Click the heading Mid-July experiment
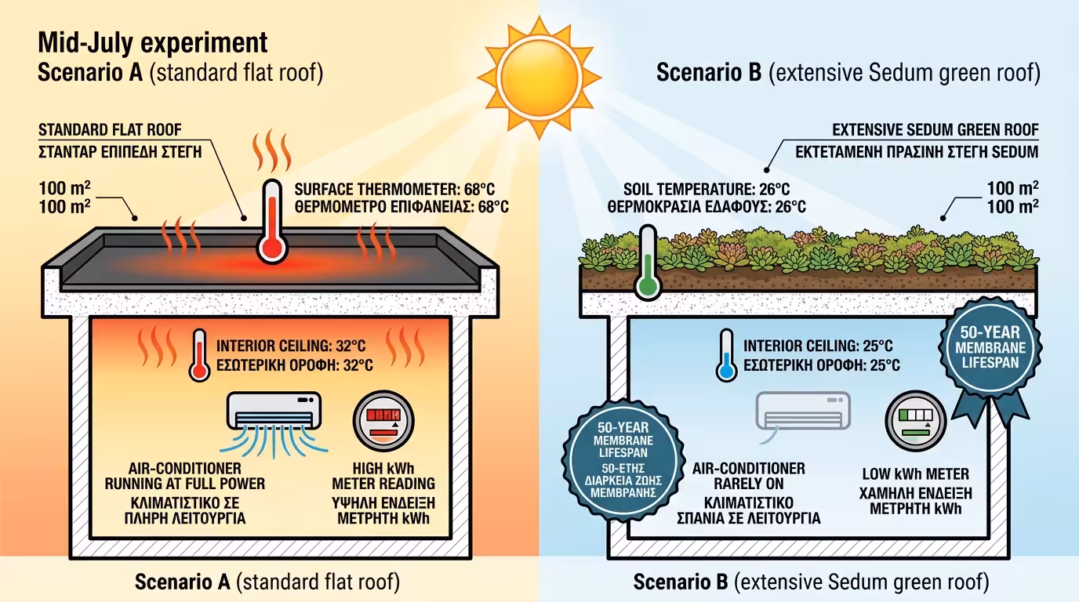coord(152,42)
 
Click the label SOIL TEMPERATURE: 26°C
coord(706,189)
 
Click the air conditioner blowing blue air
coord(273,412)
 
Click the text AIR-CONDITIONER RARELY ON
coord(748,476)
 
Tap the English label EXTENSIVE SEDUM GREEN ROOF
coord(935,129)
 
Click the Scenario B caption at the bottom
coord(811,582)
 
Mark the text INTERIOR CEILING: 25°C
coord(818,346)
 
